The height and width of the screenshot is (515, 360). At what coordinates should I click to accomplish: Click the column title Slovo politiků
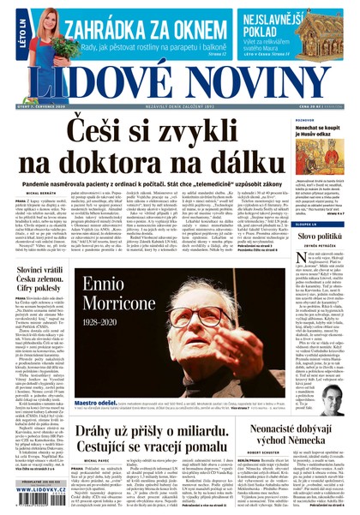tap(325, 235)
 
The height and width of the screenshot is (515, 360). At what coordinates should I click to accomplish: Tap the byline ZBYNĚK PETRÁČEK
tap(325, 249)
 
